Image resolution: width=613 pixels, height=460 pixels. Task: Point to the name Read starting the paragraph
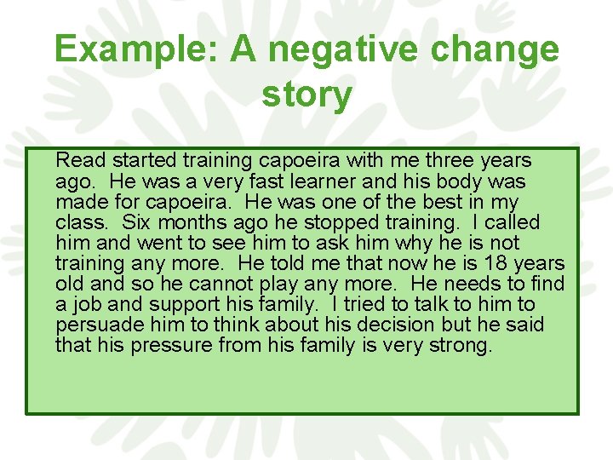[x=79, y=160]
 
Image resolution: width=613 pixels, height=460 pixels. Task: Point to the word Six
[x=137, y=223]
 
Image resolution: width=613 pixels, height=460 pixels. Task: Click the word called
[x=513, y=223]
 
